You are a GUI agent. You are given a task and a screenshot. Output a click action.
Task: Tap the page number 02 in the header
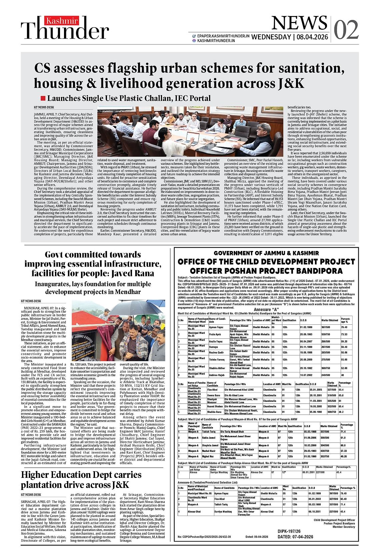coord(346,30)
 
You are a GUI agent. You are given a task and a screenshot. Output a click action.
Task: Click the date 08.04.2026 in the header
coord(312,37)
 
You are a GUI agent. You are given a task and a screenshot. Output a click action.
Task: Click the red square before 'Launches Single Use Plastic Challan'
coord(43,98)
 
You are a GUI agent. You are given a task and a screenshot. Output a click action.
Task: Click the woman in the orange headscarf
coord(171,118)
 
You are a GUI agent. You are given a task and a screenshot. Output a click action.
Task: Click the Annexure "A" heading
coord(266,309)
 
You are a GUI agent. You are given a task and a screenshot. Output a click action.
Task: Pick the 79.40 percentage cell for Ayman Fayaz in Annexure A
coord(344,327)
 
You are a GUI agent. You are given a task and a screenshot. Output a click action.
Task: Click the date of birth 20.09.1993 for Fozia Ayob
coord(306,334)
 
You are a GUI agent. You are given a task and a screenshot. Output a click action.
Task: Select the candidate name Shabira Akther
coord(217,368)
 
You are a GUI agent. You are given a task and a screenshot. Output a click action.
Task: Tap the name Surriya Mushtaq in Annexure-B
coord(223,511)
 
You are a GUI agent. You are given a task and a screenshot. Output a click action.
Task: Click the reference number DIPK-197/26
coord(289,531)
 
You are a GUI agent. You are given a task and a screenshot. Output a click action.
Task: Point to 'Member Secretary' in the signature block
coord(344,527)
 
